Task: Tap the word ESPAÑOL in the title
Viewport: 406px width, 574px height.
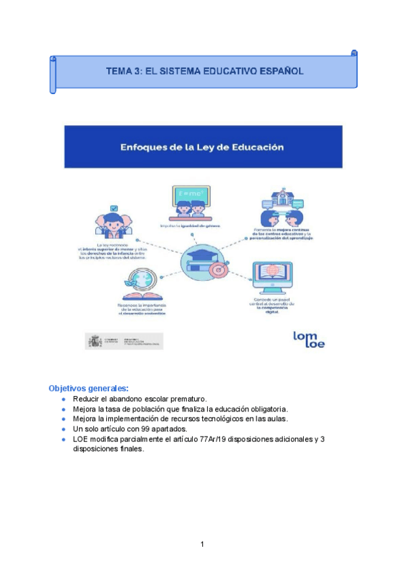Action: pyautogui.click(x=280, y=70)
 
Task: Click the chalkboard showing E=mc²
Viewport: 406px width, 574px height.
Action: pyautogui.click(x=189, y=195)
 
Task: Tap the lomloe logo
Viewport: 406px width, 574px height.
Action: pyautogui.click(x=309, y=338)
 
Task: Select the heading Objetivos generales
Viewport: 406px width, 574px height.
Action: pyautogui.click(x=88, y=389)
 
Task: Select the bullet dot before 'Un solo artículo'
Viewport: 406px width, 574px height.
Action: pyautogui.click(x=63, y=429)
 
